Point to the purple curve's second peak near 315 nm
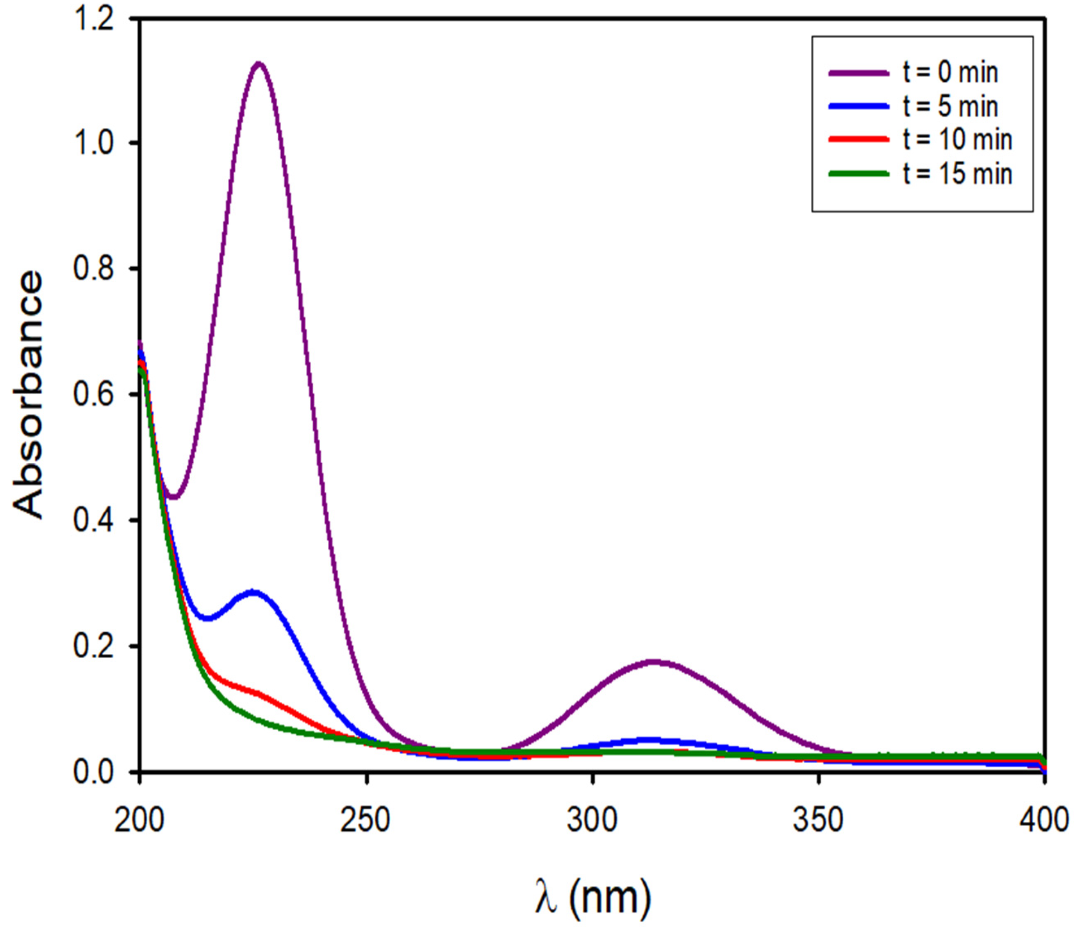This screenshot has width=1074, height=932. point(654,662)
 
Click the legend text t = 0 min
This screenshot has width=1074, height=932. point(950,73)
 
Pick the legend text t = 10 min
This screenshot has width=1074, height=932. point(958,139)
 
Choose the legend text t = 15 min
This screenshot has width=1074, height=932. point(958,173)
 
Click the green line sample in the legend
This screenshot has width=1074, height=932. point(859,174)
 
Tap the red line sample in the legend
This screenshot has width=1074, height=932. point(859,139)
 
